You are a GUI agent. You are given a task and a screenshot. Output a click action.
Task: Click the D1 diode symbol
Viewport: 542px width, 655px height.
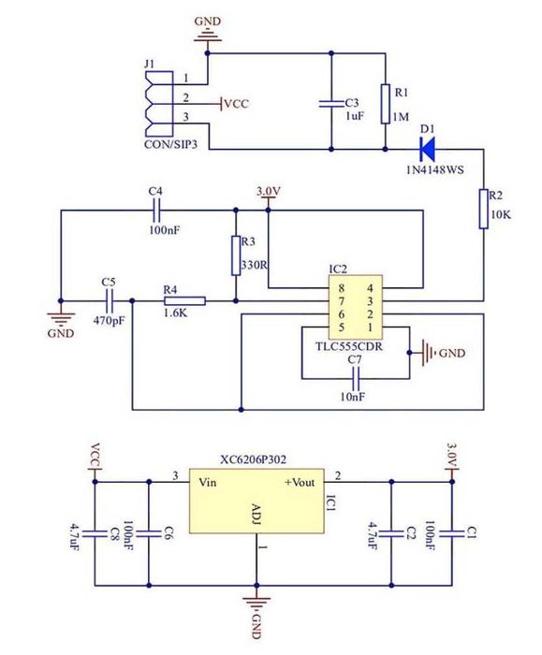coord(428,149)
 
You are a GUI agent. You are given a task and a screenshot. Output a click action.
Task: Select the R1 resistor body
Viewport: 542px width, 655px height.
coord(386,104)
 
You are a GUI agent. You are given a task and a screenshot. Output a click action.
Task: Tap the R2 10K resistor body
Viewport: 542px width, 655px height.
coord(484,209)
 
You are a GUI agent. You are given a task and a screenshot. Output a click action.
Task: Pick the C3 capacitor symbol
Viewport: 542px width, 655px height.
coord(331,104)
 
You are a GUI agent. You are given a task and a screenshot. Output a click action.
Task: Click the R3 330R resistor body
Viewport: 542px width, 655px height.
coord(236,255)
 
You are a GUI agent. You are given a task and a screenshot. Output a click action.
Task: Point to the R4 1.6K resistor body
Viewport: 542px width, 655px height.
coord(184,300)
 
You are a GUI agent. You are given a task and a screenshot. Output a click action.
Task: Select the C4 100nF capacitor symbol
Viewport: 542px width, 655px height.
coord(156,211)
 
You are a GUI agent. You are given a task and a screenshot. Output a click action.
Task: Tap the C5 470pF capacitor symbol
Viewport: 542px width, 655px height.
coord(110,300)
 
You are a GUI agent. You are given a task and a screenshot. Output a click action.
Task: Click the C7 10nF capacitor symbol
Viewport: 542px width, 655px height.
coord(356,379)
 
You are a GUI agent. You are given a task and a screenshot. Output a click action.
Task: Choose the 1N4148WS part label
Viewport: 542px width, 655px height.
coord(435,170)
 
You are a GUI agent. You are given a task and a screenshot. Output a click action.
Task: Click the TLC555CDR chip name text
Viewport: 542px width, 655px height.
coord(349,346)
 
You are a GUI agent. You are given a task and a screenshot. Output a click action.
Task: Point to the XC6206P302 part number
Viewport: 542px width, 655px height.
coord(254,459)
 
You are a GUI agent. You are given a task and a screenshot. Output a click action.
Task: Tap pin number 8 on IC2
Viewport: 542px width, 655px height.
coord(342,288)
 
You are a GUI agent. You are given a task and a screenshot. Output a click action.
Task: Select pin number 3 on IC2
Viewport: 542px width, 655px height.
coord(370,301)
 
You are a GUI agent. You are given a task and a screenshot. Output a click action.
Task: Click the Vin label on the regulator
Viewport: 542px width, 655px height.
coord(208,483)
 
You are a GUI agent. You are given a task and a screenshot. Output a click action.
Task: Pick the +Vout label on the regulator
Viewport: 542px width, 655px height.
coord(300,483)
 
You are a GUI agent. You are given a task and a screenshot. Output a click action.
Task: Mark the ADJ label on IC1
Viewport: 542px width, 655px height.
coord(256,515)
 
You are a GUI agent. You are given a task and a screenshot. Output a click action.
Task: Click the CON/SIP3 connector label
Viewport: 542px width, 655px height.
coord(170,144)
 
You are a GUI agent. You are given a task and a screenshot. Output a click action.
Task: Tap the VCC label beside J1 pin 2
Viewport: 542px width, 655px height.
coord(237,104)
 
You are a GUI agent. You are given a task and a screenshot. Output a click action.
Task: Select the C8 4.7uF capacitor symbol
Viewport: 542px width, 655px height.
coord(95,533)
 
